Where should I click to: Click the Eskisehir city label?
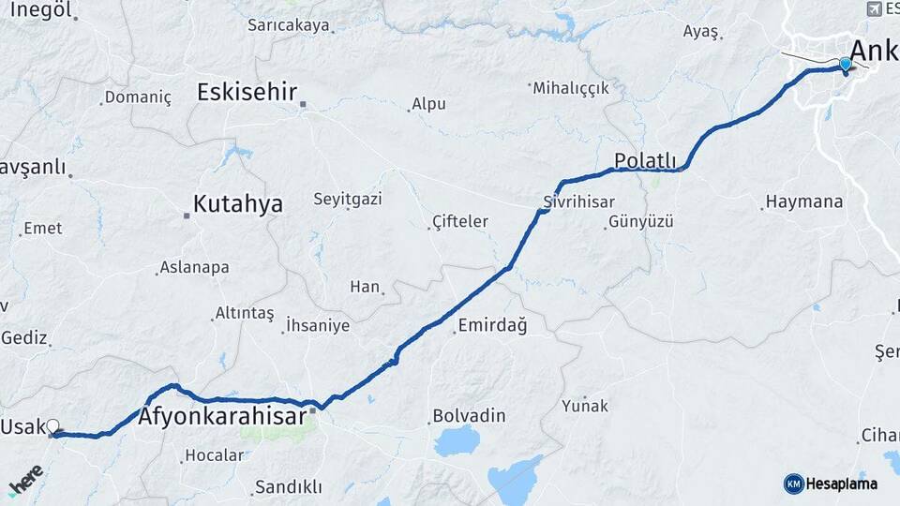pyautogui.click(x=247, y=92)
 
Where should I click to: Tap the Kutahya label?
pyautogui.click(x=237, y=204)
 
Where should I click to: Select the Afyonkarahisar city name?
pyautogui.click(x=223, y=416)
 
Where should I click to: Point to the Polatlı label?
pyautogui.click(x=645, y=158)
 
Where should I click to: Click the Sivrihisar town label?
pyautogui.click(x=578, y=201)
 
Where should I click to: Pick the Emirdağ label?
pyautogui.click(x=491, y=326)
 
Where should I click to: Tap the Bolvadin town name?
pyautogui.click(x=469, y=415)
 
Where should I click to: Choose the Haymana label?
pyautogui.click(x=803, y=201)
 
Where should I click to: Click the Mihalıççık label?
pyautogui.click(x=571, y=88)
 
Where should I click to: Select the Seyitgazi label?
pyautogui.click(x=347, y=199)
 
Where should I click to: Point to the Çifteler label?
pyautogui.click(x=460, y=221)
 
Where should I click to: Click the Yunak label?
pyautogui.click(x=585, y=406)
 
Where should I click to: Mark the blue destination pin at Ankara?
pyautogui.click(x=846, y=65)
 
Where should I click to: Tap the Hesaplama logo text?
pyautogui.click(x=840, y=484)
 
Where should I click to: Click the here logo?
pyautogui.click(x=26, y=479)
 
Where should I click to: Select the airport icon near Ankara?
pyautogui.click(x=876, y=8)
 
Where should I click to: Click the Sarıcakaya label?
pyautogui.click(x=289, y=25)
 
